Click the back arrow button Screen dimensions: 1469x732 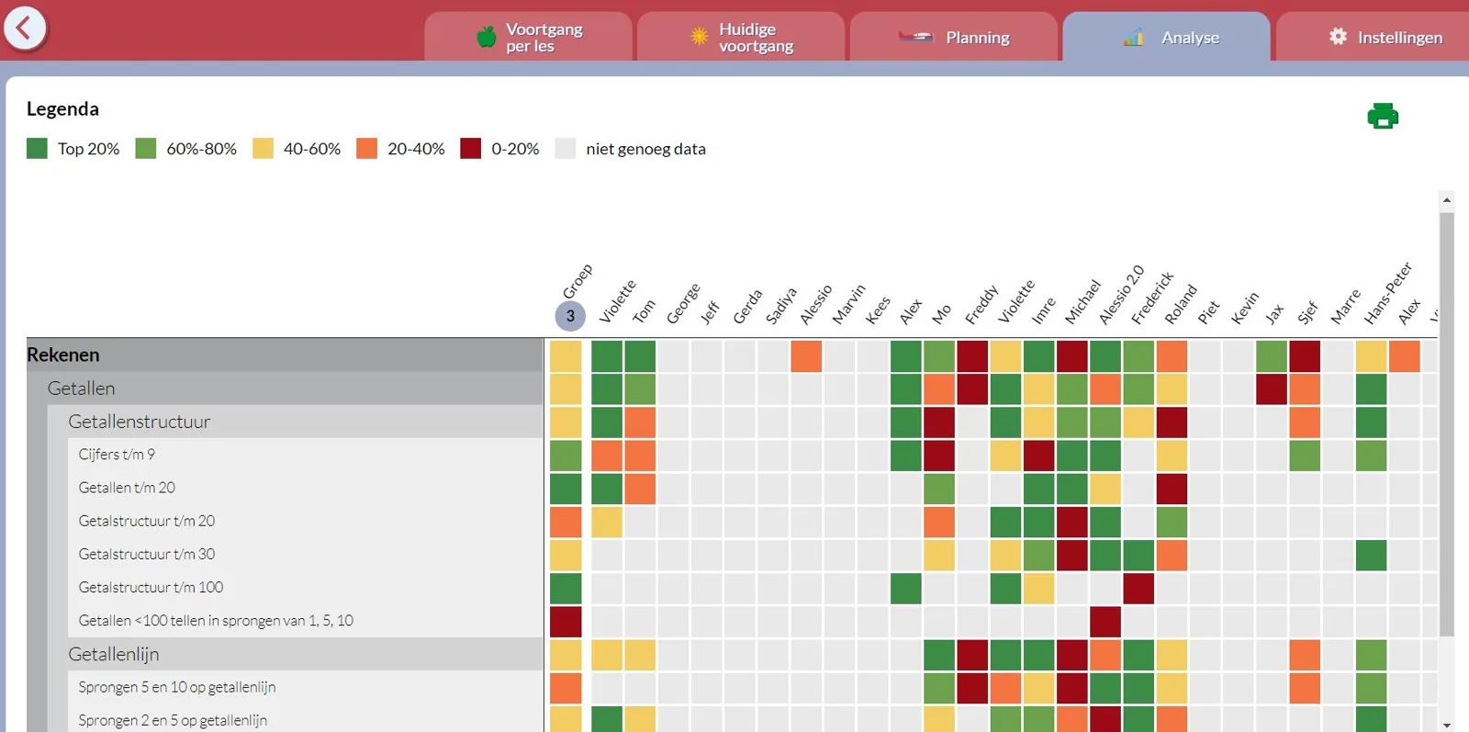tap(25, 28)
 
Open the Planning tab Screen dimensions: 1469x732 tap(954, 38)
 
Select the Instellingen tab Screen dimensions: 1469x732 tap(1374, 38)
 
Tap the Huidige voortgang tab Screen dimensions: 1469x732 tap(741, 38)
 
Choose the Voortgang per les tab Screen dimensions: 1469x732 tap(529, 38)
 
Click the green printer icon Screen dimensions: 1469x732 tap(1383, 116)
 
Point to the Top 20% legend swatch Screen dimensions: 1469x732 tap(37, 148)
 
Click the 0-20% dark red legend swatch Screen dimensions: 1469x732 tap(470, 148)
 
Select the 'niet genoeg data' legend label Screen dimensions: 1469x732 tap(645, 149)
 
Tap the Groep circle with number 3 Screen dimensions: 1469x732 tap(570, 316)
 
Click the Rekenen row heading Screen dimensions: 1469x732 tap(63, 355)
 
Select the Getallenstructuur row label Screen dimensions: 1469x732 tap(139, 421)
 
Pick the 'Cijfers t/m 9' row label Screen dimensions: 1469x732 tap(117, 454)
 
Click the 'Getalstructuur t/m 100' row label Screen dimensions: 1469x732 tap(151, 587)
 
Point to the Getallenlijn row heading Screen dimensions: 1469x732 tap(114, 654)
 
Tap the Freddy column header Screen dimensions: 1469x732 tap(981, 304)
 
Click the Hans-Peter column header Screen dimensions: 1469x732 tap(1387, 293)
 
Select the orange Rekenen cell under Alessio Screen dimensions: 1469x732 tap(806, 356)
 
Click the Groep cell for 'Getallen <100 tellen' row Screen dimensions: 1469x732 tap(566, 621)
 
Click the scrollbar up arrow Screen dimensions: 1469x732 tap(1447, 200)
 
